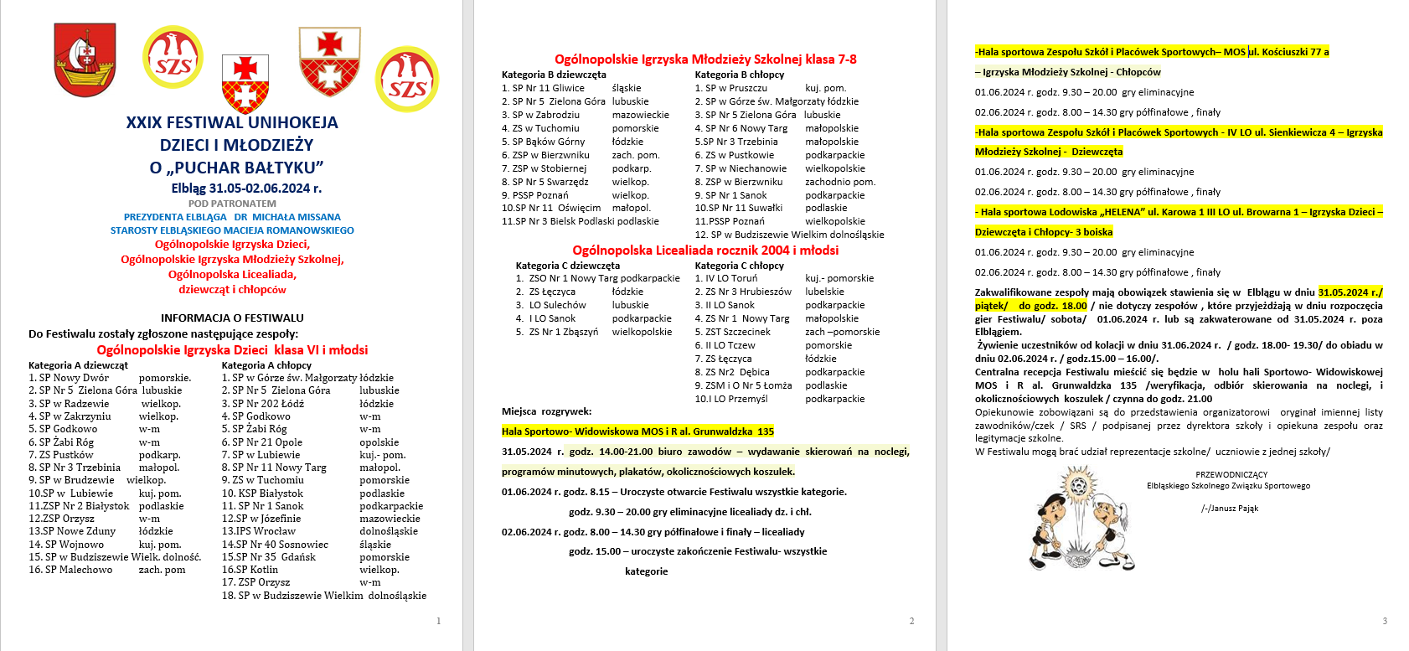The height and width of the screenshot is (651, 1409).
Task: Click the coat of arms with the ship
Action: (85, 59)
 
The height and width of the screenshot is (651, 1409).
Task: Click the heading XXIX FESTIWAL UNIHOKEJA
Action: (232, 122)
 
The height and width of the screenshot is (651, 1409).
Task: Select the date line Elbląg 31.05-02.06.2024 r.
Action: (246, 189)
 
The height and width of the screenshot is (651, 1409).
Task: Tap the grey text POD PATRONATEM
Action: (232, 204)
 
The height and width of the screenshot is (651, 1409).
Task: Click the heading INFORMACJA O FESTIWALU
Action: (232, 318)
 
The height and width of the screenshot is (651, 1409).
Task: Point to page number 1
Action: (438, 621)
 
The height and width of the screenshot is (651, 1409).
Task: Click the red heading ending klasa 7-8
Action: (705, 59)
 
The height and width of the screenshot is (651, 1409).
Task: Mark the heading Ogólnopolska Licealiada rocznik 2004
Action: (705, 251)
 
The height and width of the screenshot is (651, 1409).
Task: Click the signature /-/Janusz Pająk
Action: (1229, 509)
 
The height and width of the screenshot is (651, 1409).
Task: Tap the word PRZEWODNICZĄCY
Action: (1231, 474)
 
